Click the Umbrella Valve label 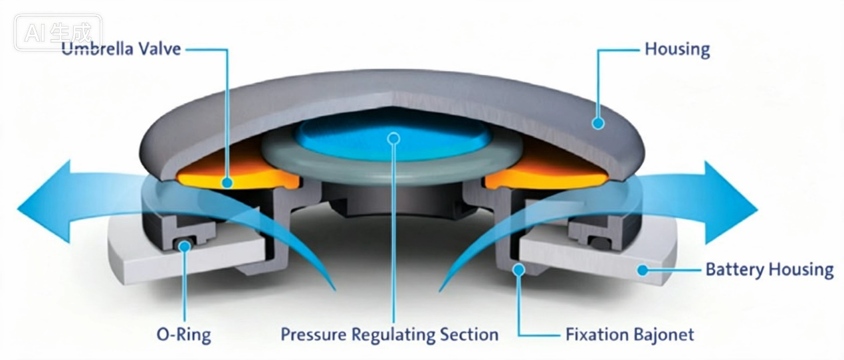coord(121,49)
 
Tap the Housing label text coord(677,50)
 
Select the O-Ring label coord(183,335)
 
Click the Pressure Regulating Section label coord(389,335)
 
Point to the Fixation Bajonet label coord(629,334)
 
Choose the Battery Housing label coord(770,270)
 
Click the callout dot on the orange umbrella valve coord(227,183)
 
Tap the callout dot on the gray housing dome coord(598,123)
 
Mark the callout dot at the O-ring coord(185,246)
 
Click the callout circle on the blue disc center coord(393,139)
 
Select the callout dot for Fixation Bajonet coord(519,270)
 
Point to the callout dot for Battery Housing coord(643,270)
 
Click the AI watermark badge coord(58,33)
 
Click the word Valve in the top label coord(159,49)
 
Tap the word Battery coord(734,270)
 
